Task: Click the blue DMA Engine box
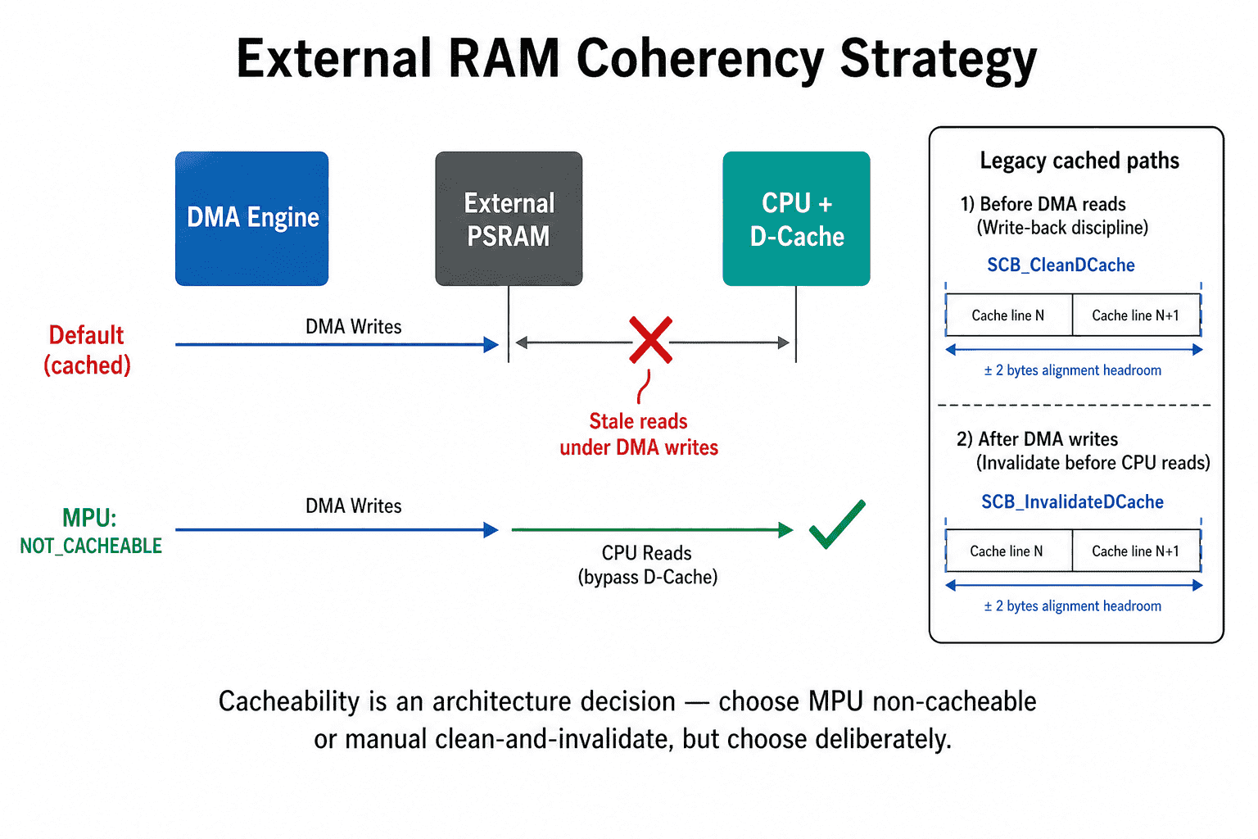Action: coord(251,219)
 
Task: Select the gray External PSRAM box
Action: coord(509,219)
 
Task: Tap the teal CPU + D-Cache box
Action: coord(796,219)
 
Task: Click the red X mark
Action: coord(650,340)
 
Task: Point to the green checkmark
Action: coord(837,524)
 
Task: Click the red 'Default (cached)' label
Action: coord(87,350)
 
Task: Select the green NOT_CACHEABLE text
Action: coord(91,546)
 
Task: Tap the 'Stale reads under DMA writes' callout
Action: coord(639,433)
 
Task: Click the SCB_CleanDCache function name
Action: coord(1061,265)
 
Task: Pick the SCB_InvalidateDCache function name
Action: coord(1072,501)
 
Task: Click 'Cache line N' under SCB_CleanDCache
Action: coord(1008,315)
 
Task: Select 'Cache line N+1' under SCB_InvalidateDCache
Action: coord(1135,551)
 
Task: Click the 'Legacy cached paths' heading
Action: coord(1079,161)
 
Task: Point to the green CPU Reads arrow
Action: coord(652,529)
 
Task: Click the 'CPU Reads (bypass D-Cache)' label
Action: coord(648,565)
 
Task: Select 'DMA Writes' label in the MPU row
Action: coord(353,506)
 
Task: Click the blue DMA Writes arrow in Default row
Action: coord(337,344)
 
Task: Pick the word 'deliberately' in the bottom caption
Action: coord(883,739)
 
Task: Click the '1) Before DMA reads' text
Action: coord(1043,203)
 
